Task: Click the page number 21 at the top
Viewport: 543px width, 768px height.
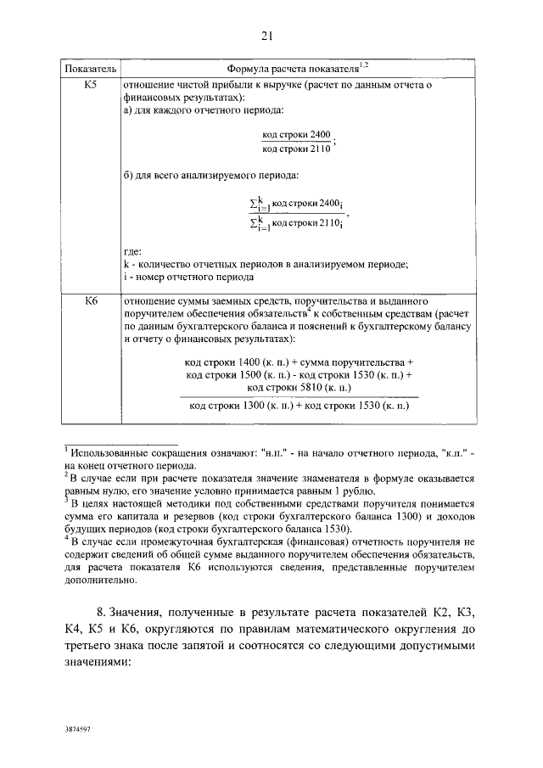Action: (266, 35)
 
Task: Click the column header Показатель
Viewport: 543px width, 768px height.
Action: (92, 67)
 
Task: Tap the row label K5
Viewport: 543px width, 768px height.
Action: (92, 85)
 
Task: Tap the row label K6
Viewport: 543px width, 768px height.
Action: (92, 300)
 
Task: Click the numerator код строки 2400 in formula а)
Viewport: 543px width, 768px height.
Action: (296, 135)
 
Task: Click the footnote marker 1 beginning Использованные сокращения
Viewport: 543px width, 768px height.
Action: (66, 449)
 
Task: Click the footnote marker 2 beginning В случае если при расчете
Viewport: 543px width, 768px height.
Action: (66, 475)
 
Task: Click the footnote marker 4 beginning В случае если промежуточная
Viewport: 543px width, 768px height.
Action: (66, 539)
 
